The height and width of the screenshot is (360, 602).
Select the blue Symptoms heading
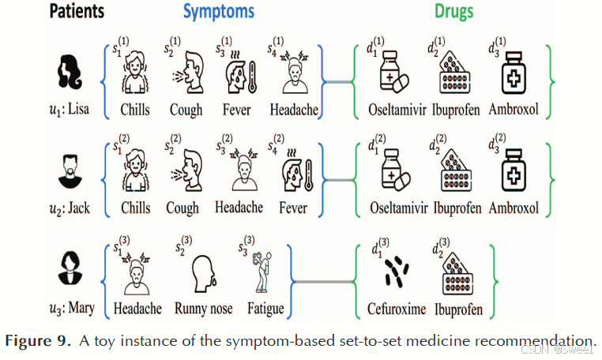point(219,13)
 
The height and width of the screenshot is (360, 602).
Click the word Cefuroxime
point(397,309)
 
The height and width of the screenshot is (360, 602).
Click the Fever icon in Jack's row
point(292,174)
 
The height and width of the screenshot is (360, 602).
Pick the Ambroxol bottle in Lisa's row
point(513,76)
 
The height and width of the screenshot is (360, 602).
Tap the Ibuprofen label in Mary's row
point(457,309)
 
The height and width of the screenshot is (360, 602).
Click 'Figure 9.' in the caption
point(37,341)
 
